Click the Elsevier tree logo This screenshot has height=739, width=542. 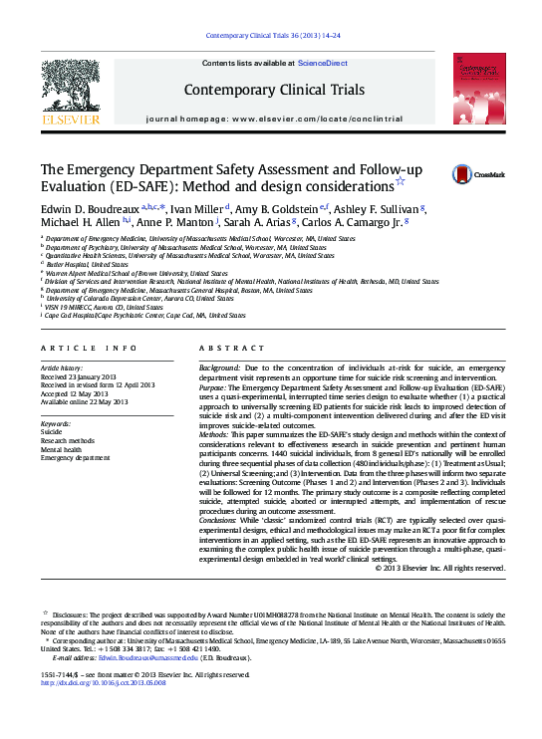(70, 91)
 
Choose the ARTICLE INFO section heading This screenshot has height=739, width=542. (89, 348)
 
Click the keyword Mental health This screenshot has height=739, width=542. (61, 449)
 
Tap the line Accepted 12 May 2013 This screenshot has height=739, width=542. (79, 394)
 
